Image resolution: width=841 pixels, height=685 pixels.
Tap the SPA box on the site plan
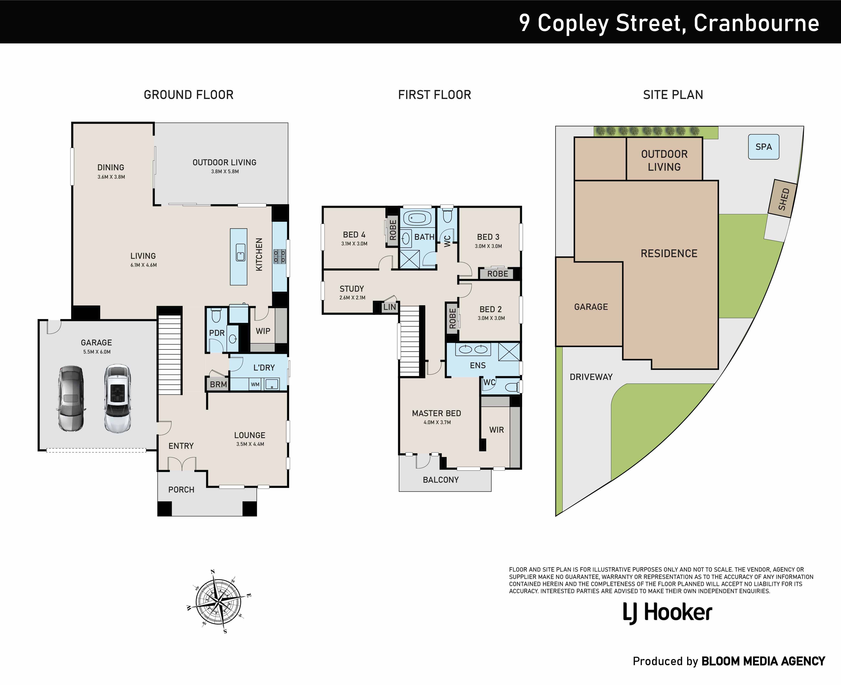764,147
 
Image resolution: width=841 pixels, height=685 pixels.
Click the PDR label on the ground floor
217,333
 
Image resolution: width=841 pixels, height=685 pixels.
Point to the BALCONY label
441,480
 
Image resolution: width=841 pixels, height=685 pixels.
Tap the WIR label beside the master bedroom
497,430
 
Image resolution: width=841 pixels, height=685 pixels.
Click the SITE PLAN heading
673,95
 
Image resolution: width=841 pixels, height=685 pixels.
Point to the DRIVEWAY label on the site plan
591,377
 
